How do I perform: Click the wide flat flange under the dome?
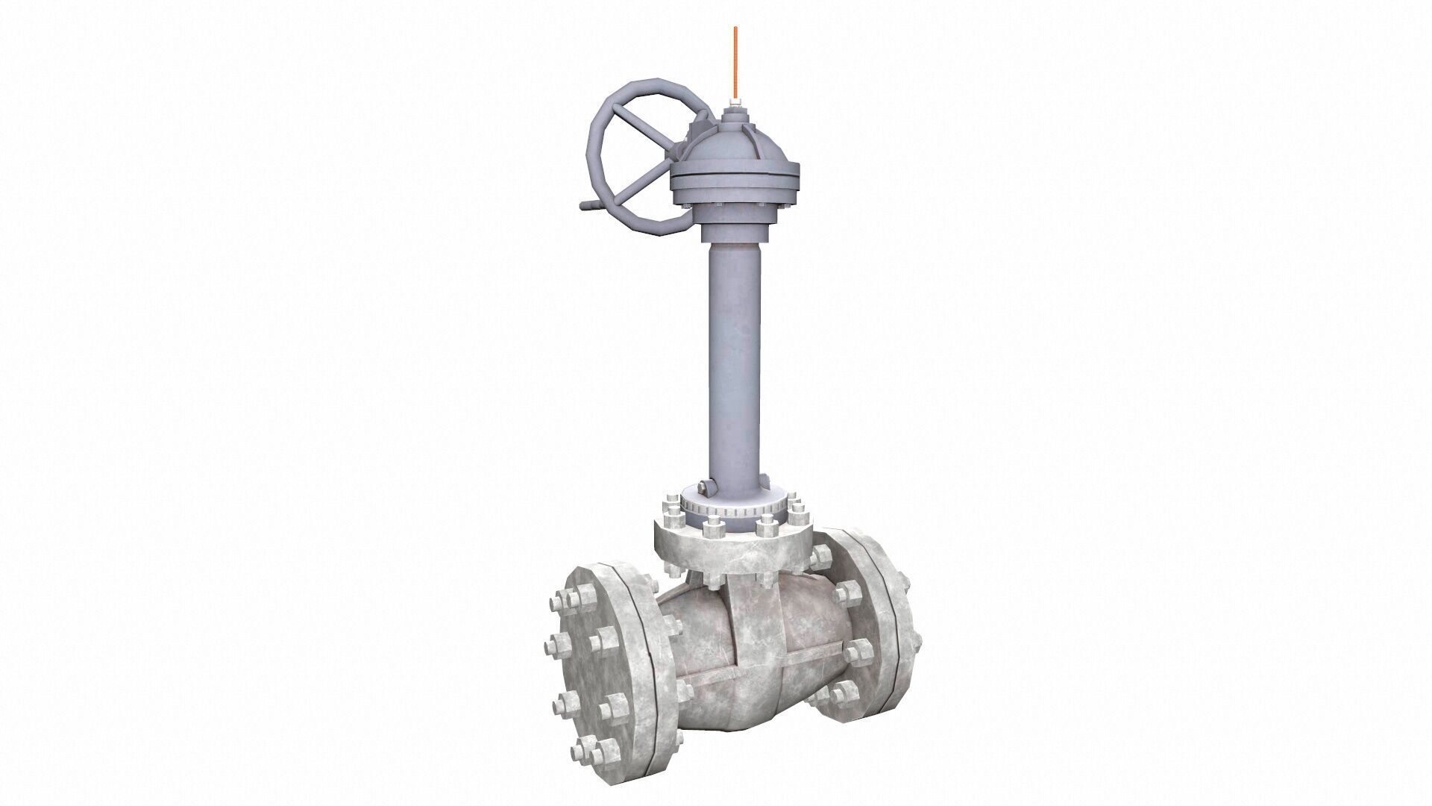pyautogui.click(x=735, y=179)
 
